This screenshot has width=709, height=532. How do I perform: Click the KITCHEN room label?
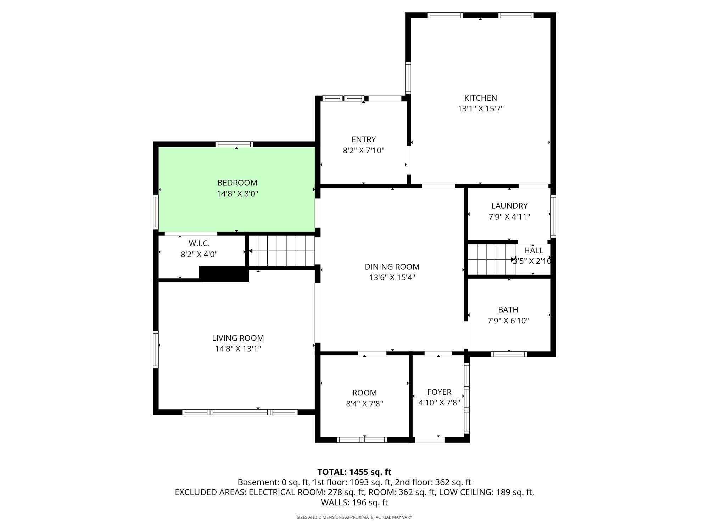(480, 98)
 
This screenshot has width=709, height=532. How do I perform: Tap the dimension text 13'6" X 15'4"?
(392, 277)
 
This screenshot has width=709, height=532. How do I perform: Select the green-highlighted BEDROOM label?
(237, 183)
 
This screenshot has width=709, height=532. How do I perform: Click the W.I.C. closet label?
(199, 243)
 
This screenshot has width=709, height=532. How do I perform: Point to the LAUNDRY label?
(509, 206)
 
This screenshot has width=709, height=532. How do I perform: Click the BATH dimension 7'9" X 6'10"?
(508, 321)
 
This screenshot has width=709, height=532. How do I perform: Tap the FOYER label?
(439, 392)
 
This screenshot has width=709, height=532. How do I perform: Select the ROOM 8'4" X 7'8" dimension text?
(364, 404)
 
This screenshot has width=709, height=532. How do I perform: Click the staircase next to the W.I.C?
(282, 251)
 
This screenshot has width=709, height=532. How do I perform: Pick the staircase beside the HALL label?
(491, 259)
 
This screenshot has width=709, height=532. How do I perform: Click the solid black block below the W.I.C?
(224, 274)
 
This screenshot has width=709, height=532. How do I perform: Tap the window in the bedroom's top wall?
(234, 144)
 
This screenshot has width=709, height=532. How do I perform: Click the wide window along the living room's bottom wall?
(240, 412)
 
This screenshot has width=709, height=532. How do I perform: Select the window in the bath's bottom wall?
(509, 354)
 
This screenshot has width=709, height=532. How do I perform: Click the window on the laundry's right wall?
(553, 215)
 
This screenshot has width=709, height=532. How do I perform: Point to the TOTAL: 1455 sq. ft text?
(354, 472)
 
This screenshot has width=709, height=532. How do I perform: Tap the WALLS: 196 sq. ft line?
(354, 503)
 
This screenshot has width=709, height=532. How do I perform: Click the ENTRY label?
(363, 139)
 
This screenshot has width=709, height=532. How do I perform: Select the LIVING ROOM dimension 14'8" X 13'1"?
(238, 349)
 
